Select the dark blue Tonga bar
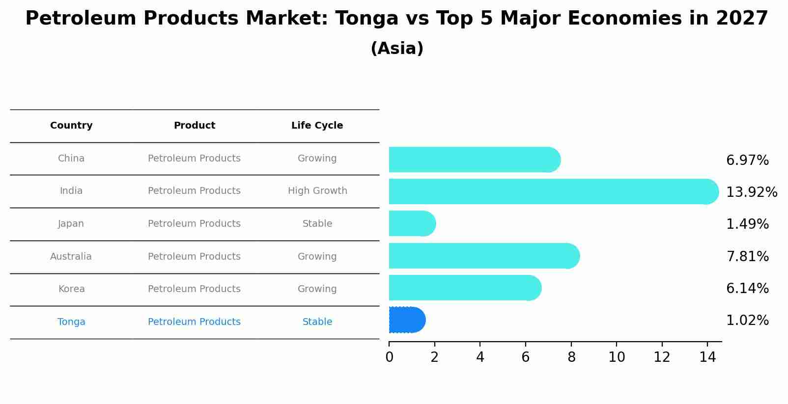coord(407,320)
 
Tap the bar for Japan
coord(412,224)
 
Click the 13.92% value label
coord(751,192)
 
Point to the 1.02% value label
coord(747,321)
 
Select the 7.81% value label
coord(747,256)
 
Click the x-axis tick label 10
coord(617,357)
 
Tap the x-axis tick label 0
coord(389,357)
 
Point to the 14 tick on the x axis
coord(707,357)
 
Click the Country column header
coord(71,126)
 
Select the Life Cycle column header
coord(317,126)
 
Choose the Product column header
coord(194,126)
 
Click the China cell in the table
coord(71,159)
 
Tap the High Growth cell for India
coord(317,191)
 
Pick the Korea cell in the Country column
coord(71,289)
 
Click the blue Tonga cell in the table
coord(71,322)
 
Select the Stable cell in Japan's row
coord(317,224)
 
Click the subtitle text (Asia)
coord(397,49)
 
